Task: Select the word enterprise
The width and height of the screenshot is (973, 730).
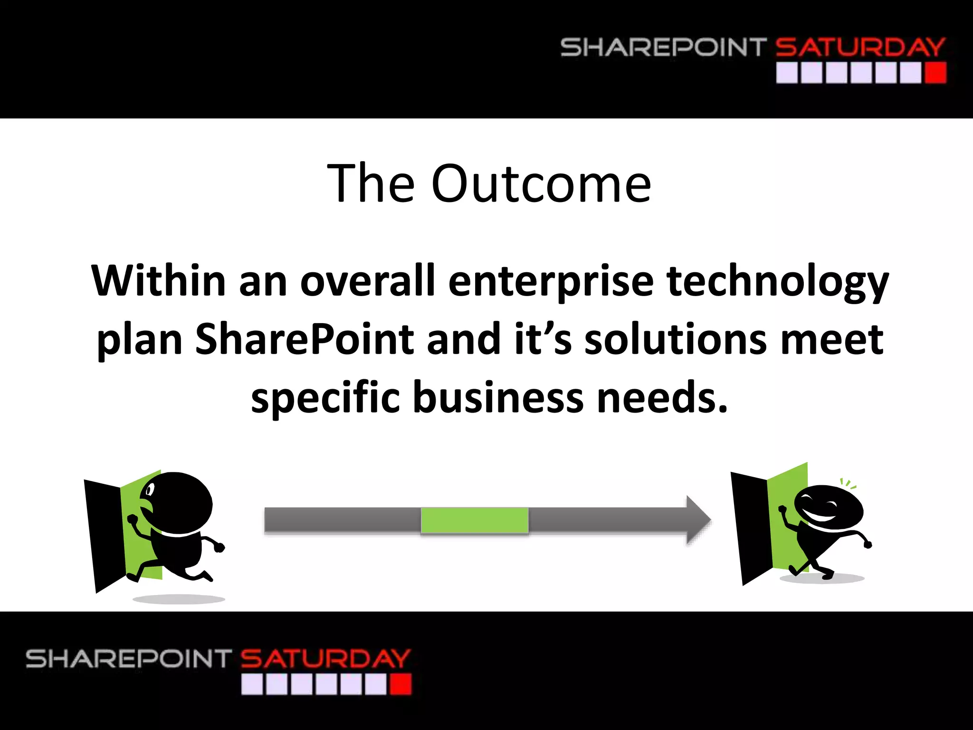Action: (x=551, y=281)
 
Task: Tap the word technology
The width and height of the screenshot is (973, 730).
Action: (x=777, y=281)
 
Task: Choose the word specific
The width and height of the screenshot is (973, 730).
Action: (x=325, y=397)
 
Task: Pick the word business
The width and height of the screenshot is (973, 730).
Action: (x=498, y=397)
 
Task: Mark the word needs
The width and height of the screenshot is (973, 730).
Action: (x=662, y=397)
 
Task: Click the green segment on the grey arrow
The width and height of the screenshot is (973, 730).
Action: (x=475, y=520)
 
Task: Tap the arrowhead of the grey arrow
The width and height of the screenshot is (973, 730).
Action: (x=697, y=520)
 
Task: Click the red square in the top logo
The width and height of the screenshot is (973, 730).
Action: (x=935, y=73)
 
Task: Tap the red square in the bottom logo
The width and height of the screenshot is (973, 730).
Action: (x=400, y=685)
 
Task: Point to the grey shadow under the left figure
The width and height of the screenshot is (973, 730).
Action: (x=179, y=599)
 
